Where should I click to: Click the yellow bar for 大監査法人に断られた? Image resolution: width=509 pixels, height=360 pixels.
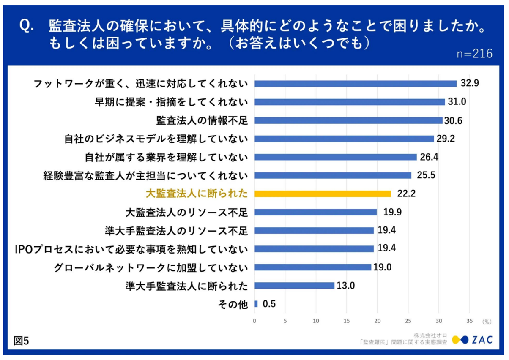(323, 194)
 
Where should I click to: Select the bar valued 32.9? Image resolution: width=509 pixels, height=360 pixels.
(356, 84)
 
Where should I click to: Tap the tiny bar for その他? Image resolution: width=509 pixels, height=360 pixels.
(256, 304)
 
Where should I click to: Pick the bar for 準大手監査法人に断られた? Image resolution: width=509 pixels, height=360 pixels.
(294, 286)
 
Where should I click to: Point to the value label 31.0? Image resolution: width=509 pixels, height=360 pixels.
(457, 102)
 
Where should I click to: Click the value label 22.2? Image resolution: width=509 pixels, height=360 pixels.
(406, 194)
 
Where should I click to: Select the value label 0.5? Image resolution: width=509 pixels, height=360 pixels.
(269, 304)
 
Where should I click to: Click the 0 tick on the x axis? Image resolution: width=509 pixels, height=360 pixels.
(254, 321)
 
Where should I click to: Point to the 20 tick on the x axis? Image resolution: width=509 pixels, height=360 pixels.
(378, 321)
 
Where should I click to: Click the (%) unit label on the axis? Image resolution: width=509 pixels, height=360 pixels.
(487, 322)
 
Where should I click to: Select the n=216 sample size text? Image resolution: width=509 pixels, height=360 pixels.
(475, 54)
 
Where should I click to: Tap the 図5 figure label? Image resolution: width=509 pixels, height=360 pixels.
(21, 341)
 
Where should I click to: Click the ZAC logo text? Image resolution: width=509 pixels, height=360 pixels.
(482, 340)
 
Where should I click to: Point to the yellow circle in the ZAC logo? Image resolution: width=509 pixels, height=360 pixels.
(456, 340)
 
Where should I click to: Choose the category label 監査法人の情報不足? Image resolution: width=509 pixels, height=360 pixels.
(202, 120)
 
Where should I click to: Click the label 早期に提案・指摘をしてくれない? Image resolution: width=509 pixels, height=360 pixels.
(170, 102)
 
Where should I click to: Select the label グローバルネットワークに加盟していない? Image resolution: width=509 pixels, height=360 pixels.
(151, 267)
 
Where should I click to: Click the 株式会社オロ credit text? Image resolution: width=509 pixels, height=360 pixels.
(430, 335)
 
